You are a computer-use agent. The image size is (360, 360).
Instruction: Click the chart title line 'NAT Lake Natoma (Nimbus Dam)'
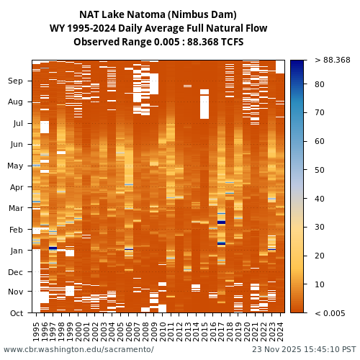tap(158, 14)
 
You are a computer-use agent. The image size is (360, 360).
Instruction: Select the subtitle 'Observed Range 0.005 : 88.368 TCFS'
tap(158, 42)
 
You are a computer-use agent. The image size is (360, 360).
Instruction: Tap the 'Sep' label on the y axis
tap(15, 81)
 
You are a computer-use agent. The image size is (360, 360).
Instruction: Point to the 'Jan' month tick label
tap(15, 251)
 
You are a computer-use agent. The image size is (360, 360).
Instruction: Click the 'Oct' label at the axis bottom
tap(15, 313)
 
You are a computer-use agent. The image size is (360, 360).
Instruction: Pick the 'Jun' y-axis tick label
tap(15, 145)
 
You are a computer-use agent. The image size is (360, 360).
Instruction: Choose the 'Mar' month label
tap(15, 208)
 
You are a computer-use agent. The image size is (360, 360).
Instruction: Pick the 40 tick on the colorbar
tap(319, 199)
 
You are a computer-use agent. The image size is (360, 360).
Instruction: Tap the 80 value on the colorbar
tap(319, 84)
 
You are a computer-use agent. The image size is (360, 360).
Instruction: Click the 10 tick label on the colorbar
tap(319, 284)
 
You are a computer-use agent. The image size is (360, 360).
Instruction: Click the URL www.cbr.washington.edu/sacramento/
tap(78, 350)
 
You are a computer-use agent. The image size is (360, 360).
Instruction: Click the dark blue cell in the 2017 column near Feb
tap(221, 222)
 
